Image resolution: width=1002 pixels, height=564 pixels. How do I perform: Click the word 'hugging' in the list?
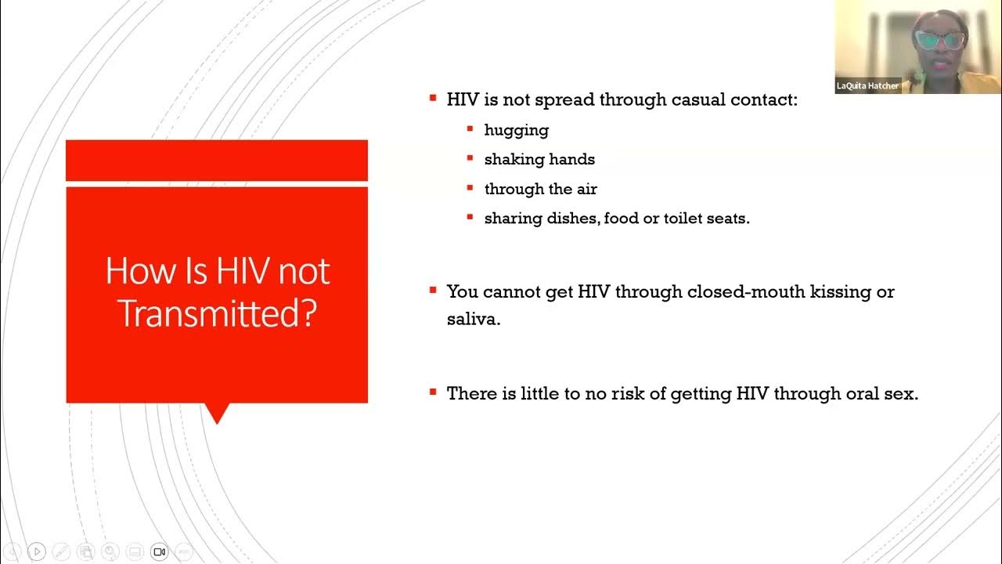516,131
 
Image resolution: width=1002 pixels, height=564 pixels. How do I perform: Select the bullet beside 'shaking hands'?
470,158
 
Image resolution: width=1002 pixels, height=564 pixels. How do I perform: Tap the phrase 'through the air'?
540,189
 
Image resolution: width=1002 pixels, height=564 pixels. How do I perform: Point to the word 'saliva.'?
473,320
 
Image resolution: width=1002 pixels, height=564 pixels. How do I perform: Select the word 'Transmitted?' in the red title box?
217,314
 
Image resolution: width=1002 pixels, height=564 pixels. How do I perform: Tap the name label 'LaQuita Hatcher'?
867,86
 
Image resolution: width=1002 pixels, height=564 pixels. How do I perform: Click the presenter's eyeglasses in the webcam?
940,40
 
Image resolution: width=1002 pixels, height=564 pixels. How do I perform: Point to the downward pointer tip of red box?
217,421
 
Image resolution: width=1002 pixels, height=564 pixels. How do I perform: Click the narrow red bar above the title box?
217,160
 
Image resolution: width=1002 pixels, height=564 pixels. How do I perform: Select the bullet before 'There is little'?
433,392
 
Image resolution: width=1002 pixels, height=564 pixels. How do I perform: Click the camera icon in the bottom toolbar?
159,551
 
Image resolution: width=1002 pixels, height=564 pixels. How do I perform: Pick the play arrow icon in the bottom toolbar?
36,551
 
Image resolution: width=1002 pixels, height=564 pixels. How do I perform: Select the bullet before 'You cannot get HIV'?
433,290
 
